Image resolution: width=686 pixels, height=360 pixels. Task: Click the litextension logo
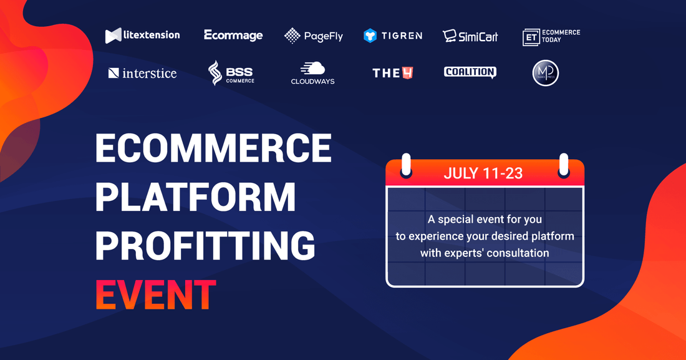(143, 35)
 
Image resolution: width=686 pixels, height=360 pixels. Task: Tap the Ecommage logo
(233, 36)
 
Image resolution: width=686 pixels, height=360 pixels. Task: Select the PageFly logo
(314, 36)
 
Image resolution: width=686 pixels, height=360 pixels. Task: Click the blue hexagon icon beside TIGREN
(370, 36)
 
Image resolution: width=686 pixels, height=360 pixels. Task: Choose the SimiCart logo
(470, 36)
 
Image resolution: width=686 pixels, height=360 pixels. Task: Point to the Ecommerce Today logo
(551, 37)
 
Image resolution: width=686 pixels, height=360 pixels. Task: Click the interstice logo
(143, 73)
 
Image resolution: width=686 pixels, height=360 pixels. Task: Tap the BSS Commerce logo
(231, 73)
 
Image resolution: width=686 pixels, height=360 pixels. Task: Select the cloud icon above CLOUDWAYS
(313, 68)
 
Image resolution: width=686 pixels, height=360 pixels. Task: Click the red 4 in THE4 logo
(408, 73)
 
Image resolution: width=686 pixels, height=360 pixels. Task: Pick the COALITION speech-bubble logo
(470, 72)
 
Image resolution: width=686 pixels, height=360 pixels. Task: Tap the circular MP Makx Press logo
(546, 73)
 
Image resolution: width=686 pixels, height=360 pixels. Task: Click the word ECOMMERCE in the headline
(213, 148)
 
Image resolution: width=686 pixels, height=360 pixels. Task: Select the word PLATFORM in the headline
(196, 197)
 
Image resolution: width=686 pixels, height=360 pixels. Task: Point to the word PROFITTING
(205, 245)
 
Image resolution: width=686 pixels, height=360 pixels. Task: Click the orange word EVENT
(156, 295)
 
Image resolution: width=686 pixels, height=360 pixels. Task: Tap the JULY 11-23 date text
(483, 173)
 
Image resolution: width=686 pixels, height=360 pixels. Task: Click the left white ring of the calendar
(406, 165)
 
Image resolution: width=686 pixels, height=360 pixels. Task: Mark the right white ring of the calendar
(564, 165)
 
